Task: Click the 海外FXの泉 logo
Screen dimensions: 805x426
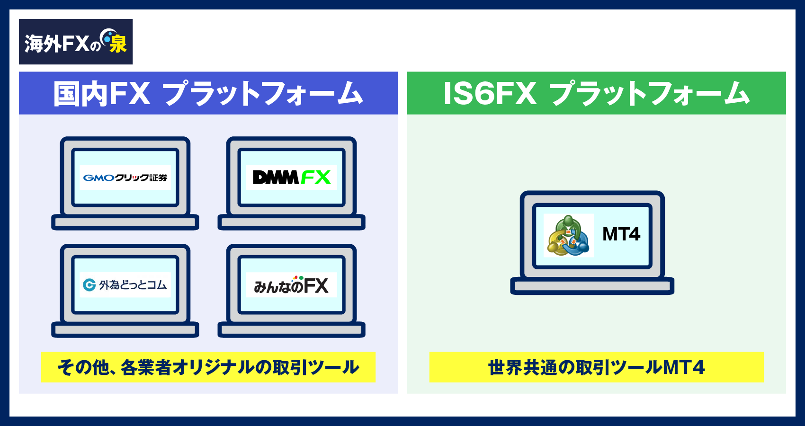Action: point(75,42)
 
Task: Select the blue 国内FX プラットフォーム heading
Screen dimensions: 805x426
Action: point(208,93)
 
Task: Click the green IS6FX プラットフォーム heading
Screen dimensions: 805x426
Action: point(596,93)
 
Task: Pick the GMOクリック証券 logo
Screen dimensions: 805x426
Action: point(125,177)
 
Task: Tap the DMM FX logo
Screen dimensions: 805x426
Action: point(291,177)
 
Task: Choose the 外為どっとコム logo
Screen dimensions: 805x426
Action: point(125,285)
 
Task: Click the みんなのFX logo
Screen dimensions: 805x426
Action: point(291,285)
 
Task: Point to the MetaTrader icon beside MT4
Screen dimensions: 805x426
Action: point(568,236)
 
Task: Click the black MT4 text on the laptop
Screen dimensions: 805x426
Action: point(621,234)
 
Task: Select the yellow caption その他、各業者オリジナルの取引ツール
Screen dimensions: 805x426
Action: point(208,367)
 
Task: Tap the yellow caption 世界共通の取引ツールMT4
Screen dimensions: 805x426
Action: point(596,367)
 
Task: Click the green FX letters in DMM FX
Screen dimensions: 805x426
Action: point(315,177)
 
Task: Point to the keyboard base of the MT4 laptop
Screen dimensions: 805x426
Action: point(592,286)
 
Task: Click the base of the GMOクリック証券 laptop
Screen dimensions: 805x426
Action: point(125,222)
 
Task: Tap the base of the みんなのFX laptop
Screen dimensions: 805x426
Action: point(291,330)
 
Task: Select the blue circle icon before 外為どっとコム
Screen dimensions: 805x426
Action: point(89,285)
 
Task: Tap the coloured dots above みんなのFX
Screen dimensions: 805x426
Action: point(298,278)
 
